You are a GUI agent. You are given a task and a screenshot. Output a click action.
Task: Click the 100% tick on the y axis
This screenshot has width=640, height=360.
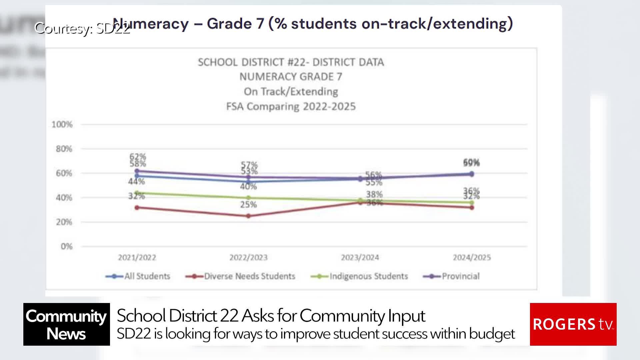pyautogui.click(x=62, y=125)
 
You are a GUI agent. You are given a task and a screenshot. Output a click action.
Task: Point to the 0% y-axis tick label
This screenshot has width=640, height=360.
pyautogui.click(x=66, y=247)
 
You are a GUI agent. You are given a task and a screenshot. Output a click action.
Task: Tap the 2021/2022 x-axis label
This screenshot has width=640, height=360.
pyautogui.click(x=137, y=257)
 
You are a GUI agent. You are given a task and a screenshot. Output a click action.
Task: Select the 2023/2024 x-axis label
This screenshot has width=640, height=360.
pyautogui.click(x=360, y=257)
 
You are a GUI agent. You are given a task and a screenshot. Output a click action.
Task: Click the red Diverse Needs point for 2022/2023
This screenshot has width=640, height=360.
pyautogui.click(x=248, y=216)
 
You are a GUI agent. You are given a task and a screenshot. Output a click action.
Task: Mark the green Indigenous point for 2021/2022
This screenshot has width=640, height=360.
pyautogui.click(x=137, y=193)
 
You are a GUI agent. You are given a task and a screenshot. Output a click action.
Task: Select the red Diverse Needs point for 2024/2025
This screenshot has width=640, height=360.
pyautogui.click(x=472, y=208)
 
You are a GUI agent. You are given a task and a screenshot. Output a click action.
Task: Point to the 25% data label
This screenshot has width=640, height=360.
pyautogui.click(x=248, y=205)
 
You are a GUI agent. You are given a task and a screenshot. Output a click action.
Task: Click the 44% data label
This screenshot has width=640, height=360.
pyautogui.click(x=136, y=182)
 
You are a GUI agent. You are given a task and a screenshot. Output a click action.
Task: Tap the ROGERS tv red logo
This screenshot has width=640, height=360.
pyautogui.click(x=573, y=324)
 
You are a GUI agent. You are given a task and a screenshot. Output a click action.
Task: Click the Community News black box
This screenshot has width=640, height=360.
pyautogui.click(x=66, y=324)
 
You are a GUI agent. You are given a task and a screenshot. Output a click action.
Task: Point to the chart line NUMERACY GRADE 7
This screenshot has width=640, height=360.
pyautogui.click(x=291, y=77)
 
